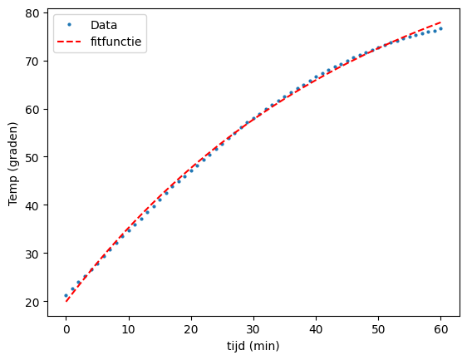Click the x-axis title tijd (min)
tap(253, 345)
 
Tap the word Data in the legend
tap(104, 26)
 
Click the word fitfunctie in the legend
tap(117, 43)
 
